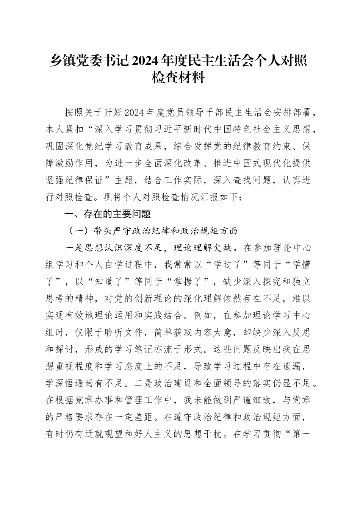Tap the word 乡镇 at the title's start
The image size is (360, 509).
(61, 61)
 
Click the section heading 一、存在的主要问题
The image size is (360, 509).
(108, 214)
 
